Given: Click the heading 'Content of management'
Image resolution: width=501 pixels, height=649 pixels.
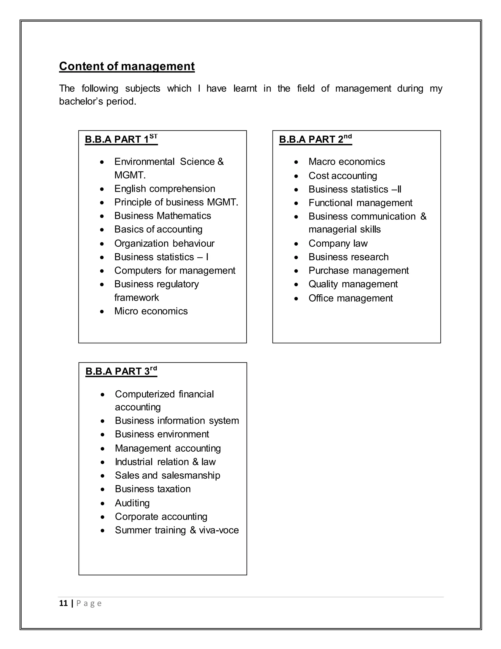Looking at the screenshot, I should click(127, 66).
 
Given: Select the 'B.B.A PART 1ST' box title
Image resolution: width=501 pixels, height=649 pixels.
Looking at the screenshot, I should click(121, 139).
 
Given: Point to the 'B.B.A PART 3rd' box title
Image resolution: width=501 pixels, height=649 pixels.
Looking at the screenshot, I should click(121, 371).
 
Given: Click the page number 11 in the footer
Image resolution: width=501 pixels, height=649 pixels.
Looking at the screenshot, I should click(64, 603).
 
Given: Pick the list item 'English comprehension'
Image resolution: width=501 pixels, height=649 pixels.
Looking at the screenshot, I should click(165, 189).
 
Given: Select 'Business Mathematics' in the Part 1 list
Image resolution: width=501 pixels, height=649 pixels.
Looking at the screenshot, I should click(163, 216).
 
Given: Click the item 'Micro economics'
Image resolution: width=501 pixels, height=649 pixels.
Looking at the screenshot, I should click(151, 311).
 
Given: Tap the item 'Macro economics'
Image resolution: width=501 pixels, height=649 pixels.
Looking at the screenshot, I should click(347, 162).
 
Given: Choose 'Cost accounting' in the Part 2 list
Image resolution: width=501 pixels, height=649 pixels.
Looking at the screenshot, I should click(343, 176).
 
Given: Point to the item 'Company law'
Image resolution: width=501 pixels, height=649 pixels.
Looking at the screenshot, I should click(338, 243).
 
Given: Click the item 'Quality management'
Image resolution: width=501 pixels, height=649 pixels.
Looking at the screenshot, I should click(353, 284).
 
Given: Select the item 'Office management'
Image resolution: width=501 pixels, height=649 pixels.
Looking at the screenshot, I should click(351, 298).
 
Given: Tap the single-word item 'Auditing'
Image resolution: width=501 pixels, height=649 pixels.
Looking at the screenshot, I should click(132, 503).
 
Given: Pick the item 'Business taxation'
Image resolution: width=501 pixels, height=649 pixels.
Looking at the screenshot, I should click(153, 489).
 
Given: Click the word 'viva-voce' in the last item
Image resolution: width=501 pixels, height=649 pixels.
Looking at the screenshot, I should click(219, 530).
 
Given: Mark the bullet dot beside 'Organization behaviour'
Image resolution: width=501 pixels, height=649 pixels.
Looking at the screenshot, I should click(102, 244).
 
